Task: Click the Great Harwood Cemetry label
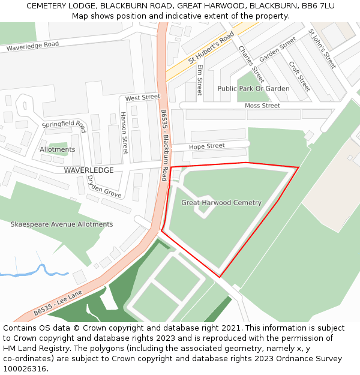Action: click(x=221, y=203)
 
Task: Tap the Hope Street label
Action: click(x=206, y=146)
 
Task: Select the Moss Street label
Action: click(x=262, y=106)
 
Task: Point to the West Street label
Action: click(x=142, y=97)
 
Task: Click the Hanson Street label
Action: click(x=124, y=133)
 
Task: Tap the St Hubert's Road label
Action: click(x=210, y=48)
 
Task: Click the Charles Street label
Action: click(x=251, y=64)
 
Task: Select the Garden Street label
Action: click(x=278, y=49)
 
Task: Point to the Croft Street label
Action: click(x=299, y=76)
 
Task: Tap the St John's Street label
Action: click(x=322, y=48)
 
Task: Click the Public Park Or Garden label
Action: click(x=253, y=89)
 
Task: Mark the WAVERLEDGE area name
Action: click(x=88, y=170)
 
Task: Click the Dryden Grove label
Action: click(x=104, y=187)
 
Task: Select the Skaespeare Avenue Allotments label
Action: click(x=61, y=224)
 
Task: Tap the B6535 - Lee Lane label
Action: click(x=58, y=303)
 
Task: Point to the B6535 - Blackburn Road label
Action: click(x=163, y=145)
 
